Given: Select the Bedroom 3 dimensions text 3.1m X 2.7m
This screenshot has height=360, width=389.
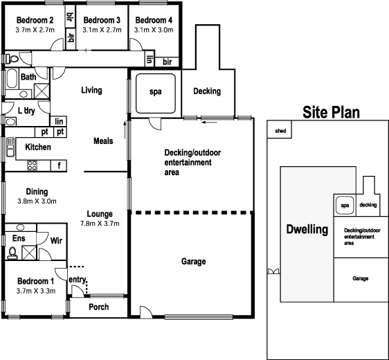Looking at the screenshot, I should click(x=101, y=30).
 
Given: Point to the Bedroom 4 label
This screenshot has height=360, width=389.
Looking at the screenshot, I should click(x=154, y=19).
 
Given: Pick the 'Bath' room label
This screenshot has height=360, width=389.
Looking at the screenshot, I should click(x=28, y=77).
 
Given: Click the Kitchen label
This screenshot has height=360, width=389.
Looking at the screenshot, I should click(x=38, y=147).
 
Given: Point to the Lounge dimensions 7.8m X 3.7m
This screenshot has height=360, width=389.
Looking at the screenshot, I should click(x=100, y=224).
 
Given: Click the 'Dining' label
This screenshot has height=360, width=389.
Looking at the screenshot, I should click(x=37, y=192).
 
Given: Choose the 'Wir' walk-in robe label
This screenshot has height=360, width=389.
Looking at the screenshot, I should click(x=57, y=241).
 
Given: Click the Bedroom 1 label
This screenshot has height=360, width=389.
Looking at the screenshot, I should click(x=35, y=281).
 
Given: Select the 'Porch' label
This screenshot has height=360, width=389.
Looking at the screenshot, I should click(x=99, y=307).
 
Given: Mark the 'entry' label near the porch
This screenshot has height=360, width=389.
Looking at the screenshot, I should click(x=77, y=279).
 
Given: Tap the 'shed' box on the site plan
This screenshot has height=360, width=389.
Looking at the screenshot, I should click(x=280, y=130).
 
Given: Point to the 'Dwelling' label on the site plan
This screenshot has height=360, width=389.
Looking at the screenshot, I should click(x=307, y=230).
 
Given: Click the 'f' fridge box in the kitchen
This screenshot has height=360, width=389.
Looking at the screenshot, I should click(x=59, y=165).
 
